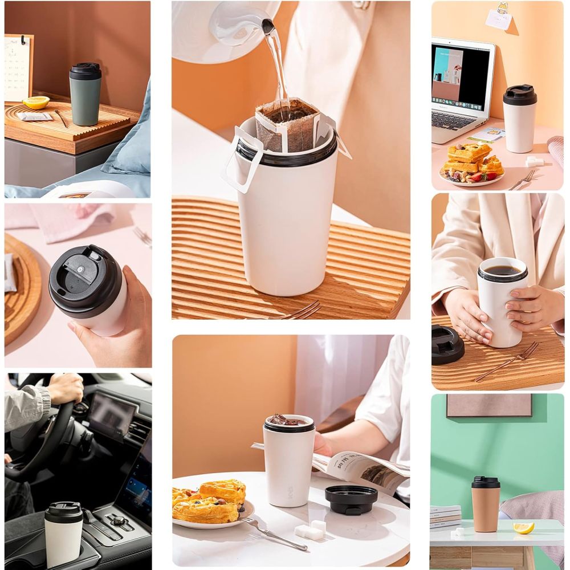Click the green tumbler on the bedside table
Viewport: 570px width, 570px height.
[x=85, y=97]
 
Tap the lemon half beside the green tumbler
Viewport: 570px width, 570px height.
[x=36, y=102]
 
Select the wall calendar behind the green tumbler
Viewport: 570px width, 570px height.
[x=18, y=68]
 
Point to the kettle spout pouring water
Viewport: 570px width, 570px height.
[x=268, y=26]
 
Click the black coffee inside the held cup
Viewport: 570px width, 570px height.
[x=502, y=271]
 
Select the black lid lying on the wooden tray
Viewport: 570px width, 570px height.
[x=447, y=345]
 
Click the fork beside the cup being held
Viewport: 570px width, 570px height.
[x=508, y=360]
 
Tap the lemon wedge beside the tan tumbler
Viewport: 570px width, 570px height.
[x=523, y=528]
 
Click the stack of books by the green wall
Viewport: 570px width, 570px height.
[x=445, y=516]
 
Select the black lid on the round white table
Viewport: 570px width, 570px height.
[x=351, y=499]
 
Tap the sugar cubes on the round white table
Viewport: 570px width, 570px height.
[x=310, y=531]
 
